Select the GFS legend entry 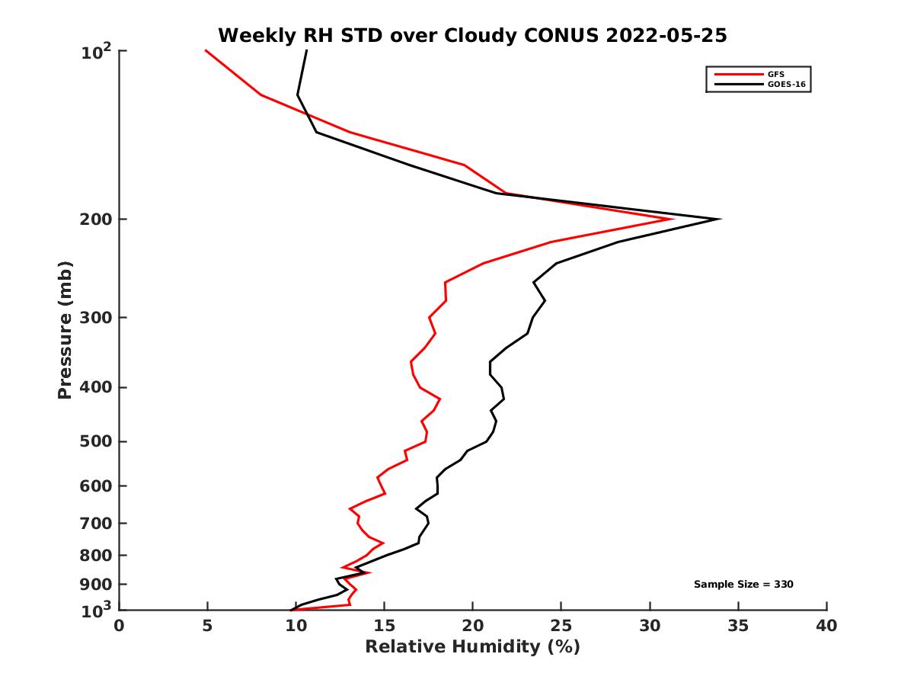(770, 74)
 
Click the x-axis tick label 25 (561, 626)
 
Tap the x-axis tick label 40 (826, 626)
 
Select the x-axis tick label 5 (207, 626)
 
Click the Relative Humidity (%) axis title (472, 647)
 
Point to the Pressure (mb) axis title (65, 329)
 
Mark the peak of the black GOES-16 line (719, 220)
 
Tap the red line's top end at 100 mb (206, 50)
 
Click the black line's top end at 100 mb (306, 50)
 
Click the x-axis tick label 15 (384, 626)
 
